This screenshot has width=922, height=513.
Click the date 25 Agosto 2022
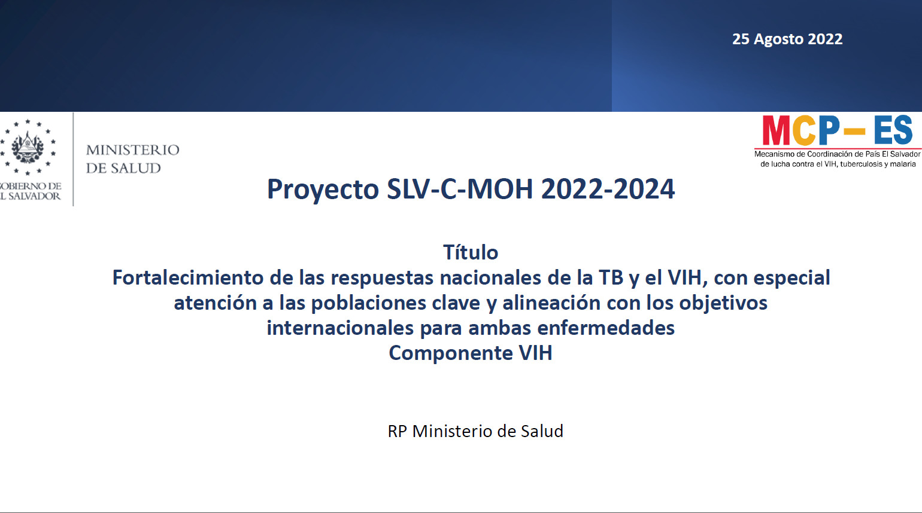[x=787, y=39]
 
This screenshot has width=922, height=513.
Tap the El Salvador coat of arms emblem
[x=28, y=146]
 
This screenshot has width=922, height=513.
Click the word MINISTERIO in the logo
[x=132, y=149]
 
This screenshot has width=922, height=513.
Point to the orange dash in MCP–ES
[x=854, y=132]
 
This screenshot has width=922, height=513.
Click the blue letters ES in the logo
[x=893, y=130]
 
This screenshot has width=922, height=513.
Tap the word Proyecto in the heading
[x=323, y=190]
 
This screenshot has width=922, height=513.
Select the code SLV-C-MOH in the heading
[x=460, y=189]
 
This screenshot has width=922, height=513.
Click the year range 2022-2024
[x=608, y=189]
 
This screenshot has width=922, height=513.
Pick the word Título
[x=471, y=252]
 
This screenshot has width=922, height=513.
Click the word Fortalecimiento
[x=188, y=277]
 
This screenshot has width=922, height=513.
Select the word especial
[x=791, y=279]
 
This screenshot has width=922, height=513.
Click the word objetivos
[x=723, y=303]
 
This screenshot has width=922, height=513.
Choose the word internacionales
[x=340, y=328]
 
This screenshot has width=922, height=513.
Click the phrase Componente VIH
[x=471, y=353]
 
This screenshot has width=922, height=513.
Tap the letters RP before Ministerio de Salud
[x=397, y=431]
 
